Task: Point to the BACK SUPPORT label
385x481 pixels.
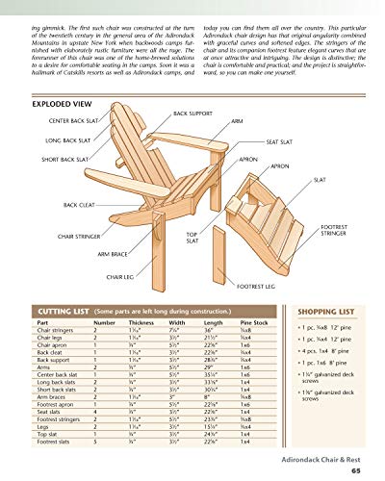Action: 167,114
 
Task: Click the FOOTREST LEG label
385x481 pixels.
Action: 254,286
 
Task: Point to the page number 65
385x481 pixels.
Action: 356,471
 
